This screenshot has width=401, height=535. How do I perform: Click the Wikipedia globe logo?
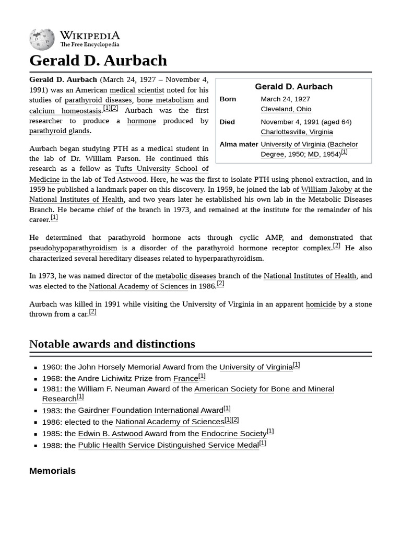click(x=42, y=39)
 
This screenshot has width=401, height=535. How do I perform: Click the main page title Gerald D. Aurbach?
click(x=98, y=61)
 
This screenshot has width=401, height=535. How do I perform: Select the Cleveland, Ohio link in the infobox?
click(x=286, y=109)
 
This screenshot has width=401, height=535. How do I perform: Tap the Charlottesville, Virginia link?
click(x=297, y=132)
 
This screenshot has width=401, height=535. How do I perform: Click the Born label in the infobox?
click(x=228, y=99)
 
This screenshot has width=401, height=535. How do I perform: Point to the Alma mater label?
click(x=239, y=144)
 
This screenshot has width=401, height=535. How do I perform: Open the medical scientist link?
click(x=137, y=90)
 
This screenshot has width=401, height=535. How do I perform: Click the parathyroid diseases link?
click(x=98, y=100)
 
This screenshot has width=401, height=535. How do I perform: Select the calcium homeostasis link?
click(x=65, y=111)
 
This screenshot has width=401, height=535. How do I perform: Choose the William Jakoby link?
click(x=326, y=189)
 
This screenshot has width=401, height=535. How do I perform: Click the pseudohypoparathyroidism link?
click(x=73, y=248)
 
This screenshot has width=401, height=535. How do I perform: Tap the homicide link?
click(x=321, y=304)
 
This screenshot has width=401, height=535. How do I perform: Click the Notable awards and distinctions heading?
click(x=112, y=344)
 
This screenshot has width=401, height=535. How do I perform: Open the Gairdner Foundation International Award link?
click(x=150, y=411)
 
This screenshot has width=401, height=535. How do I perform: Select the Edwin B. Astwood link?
click(x=110, y=434)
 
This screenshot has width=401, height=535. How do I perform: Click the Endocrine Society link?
click(x=233, y=434)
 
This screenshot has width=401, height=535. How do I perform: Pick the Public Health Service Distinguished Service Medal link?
click(x=168, y=445)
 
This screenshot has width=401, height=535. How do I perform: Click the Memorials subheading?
click(x=52, y=471)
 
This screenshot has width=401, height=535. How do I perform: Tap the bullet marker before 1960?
click(x=36, y=368)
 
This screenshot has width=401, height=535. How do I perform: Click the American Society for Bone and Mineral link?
click(x=264, y=389)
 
